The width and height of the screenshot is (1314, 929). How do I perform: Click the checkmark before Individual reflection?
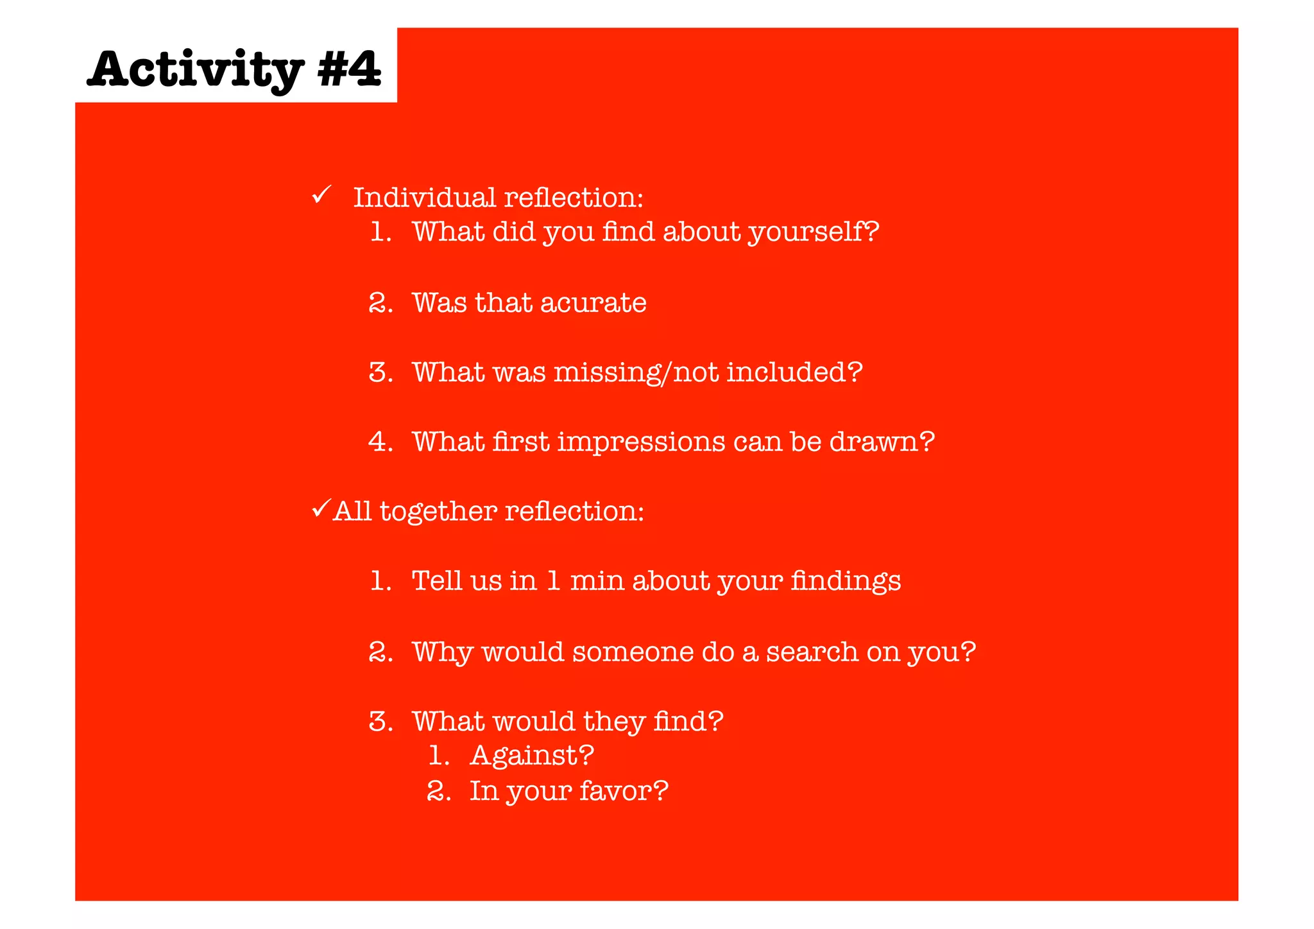[321, 194]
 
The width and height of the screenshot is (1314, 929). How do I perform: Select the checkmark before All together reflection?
[321, 508]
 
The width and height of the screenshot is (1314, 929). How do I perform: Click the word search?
[812, 652]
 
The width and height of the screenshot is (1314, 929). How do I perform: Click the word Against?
[532, 756]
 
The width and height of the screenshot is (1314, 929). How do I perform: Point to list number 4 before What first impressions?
[380, 442]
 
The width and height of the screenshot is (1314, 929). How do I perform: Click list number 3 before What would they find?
[380, 722]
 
